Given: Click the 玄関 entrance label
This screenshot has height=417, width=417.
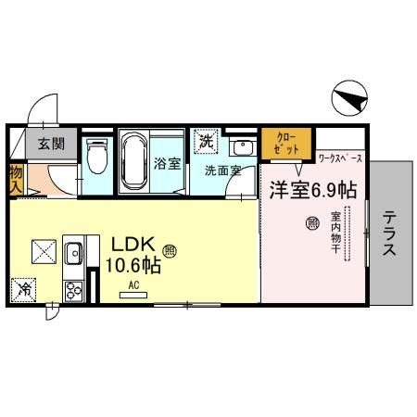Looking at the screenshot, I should [50, 145].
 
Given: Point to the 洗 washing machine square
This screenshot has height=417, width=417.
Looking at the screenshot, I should [203, 141].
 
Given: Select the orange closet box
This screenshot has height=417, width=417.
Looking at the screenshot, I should [284, 145].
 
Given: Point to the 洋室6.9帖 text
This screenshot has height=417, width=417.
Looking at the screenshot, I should [313, 190].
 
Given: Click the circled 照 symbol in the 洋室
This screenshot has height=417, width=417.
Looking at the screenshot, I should [311, 222].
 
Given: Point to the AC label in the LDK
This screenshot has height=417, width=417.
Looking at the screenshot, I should [133, 285].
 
